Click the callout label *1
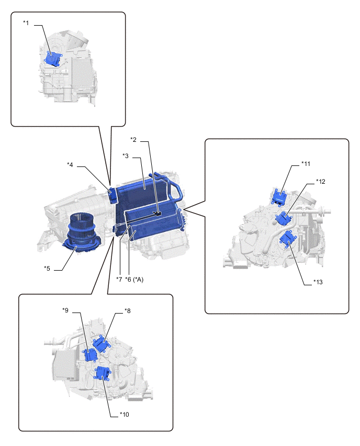click(x=26, y=23)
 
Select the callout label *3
click(x=126, y=155)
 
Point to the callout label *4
click(x=70, y=165)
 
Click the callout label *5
click(x=47, y=269)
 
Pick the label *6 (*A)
click(x=134, y=279)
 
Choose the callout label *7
click(x=119, y=279)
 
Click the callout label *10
click(x=124, y=415)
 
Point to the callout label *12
click(x=320, y=182)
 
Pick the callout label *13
click(x=318, y=282)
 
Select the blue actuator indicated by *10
click(x=102, y=373)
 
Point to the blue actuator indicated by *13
click(x=286, y=240)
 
